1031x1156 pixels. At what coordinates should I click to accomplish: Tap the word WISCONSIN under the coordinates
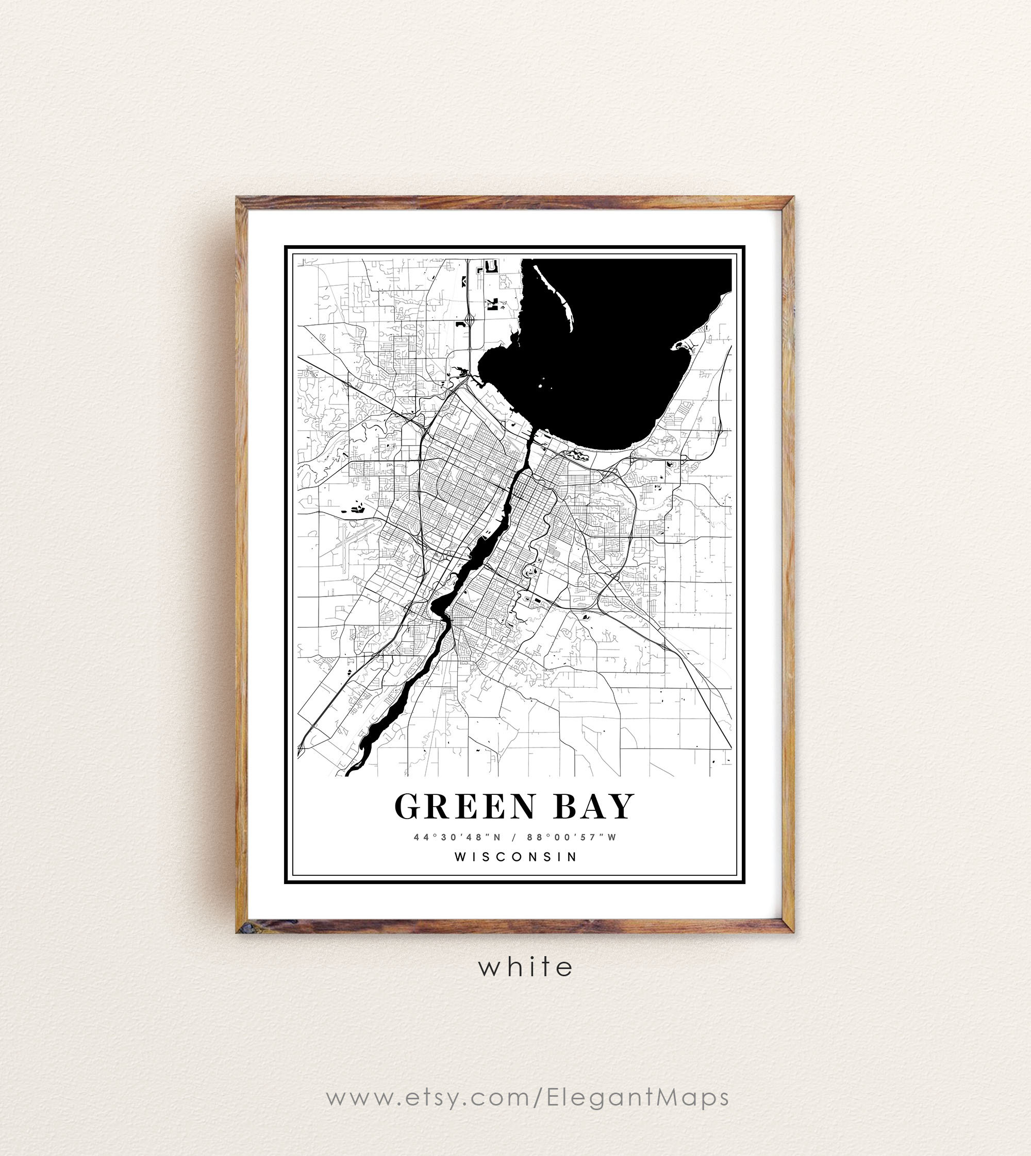tap(515, 857)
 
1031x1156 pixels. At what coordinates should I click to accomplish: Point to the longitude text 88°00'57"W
tap(572, 837)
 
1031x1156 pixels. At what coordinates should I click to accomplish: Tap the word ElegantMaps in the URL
tap(638, 1097)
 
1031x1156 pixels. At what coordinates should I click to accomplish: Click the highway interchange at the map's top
tap(470, 320)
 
